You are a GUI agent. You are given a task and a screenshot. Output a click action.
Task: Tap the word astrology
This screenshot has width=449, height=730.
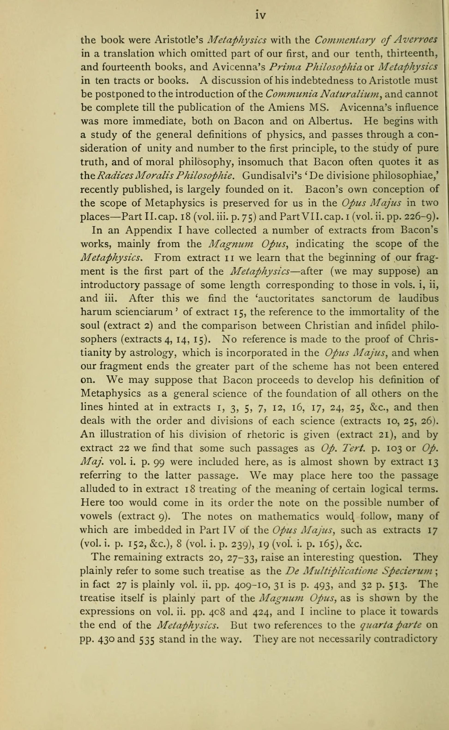click(152, 353)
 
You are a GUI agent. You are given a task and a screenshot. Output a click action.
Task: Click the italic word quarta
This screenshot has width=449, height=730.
click(374, 625)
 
